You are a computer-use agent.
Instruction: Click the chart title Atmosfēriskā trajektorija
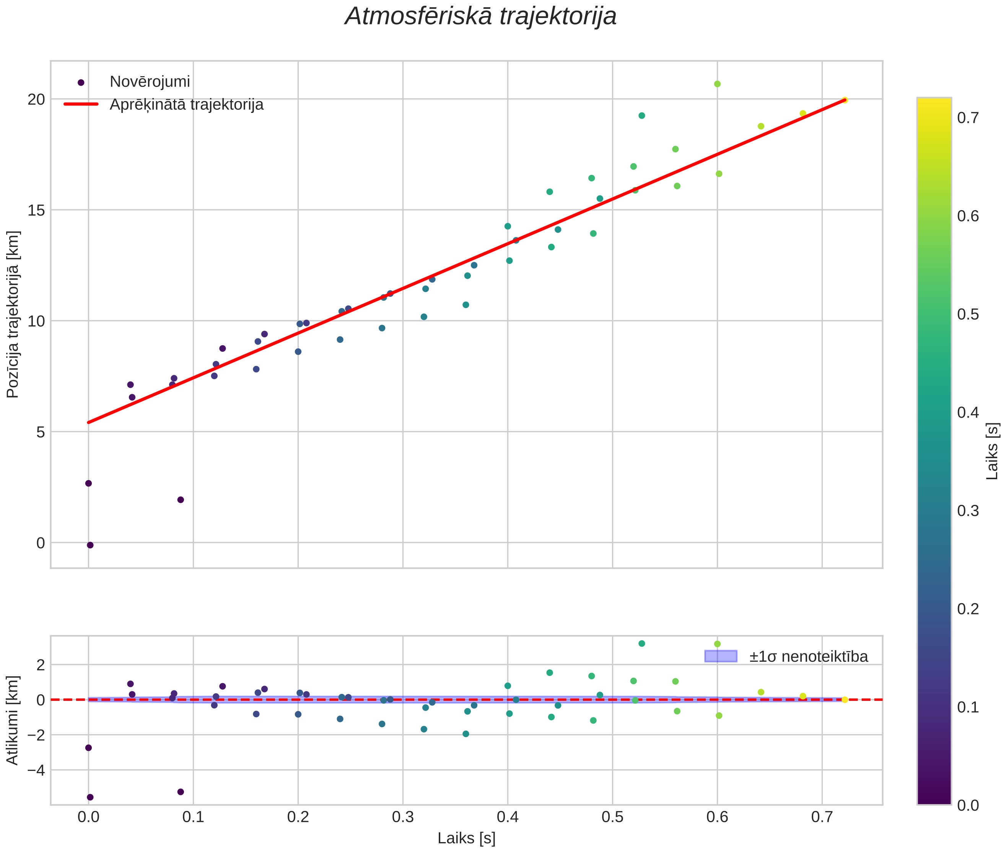pyautogui.click(x=480, y=16)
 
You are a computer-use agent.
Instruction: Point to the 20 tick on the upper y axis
pyautogui.click(x=36, y=100)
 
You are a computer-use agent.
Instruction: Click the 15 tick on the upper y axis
pyautogui.click(x=36, y=210)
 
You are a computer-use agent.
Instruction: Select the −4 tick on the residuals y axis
pyautogui.click(x=34, y=769)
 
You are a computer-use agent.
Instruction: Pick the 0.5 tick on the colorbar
pyautogui.click(x=968, y=315)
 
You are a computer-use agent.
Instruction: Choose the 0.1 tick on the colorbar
pyautogui.click(x=968, y=708)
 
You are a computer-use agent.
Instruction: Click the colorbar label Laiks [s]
pyautogui.click(x=992, y=451)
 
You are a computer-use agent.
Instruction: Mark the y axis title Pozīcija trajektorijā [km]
pyautogui.click(x=13, y=315)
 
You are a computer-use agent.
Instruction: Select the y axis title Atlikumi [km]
pyautogui.click(x=13, y=720)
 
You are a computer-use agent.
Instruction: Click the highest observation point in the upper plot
pyautogui.click(x=717, y=84)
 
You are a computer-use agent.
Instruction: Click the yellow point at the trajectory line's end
pyautogui.click(x=844, y=100)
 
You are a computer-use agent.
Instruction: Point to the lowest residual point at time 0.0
pyautogui.click(x=90, y=797)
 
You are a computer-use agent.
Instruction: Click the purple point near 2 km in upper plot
pyautogui.click(x=181, y=500)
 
